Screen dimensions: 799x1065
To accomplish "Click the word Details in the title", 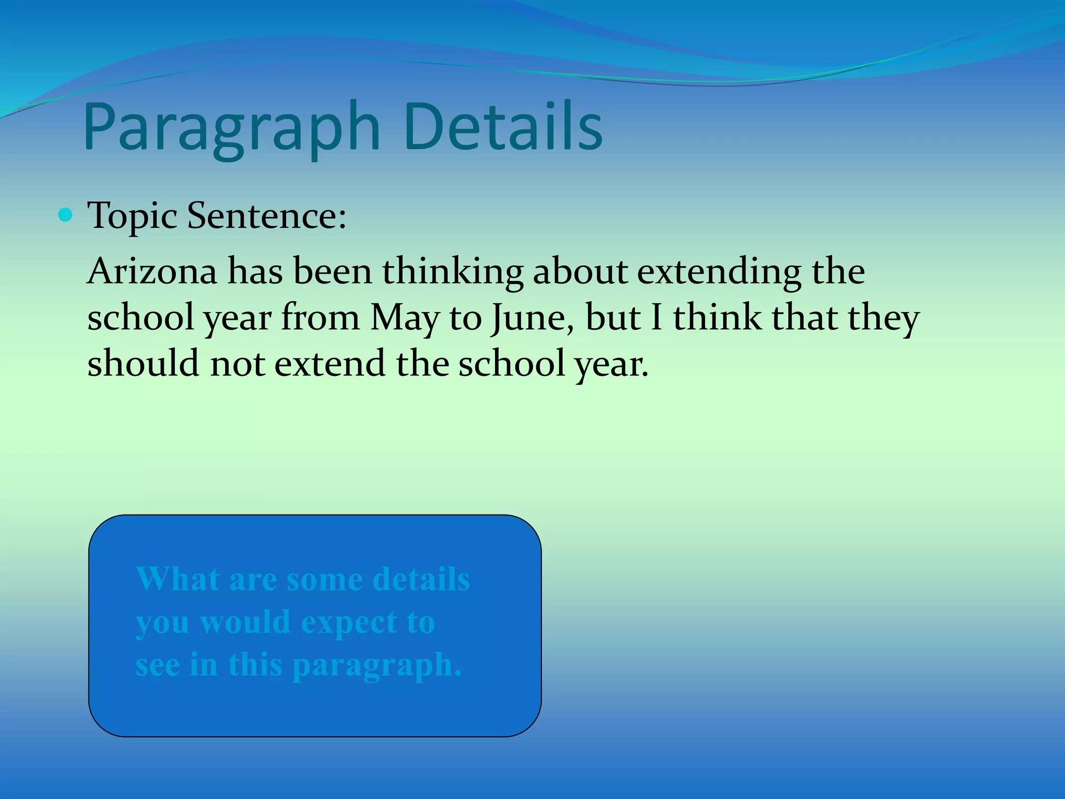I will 502,127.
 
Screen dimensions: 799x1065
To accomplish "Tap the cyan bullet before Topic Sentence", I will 66,215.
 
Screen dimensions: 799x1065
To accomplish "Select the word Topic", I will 132,216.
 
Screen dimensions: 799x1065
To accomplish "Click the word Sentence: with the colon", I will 266,215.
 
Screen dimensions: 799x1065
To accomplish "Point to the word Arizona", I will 152,272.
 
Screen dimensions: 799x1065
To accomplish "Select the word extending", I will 719,273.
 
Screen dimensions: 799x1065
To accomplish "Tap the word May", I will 405,318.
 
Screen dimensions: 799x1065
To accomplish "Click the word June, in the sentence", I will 533,318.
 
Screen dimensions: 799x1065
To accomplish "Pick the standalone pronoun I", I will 656,317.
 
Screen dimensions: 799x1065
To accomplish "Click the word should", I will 143,363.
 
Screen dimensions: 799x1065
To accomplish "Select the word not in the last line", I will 237,364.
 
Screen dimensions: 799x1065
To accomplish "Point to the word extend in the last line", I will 330,363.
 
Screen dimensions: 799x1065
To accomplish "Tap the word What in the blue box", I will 177,579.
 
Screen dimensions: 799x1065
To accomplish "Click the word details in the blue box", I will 421,579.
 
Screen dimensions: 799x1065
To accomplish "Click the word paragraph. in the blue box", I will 377,666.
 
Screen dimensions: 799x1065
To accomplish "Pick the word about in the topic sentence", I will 580,272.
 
